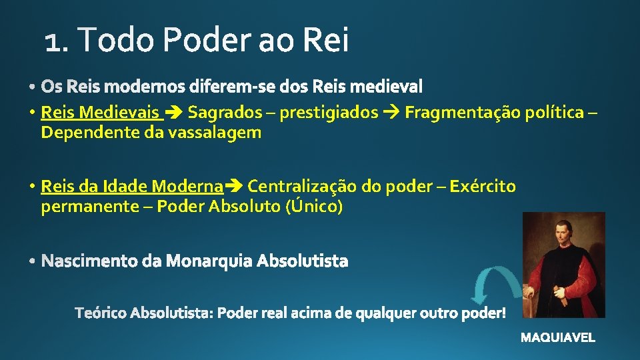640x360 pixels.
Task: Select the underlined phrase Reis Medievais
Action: tap(100, 112)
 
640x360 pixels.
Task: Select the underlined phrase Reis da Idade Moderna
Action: tap(131, 186)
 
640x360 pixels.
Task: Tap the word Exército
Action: tap(483, 186)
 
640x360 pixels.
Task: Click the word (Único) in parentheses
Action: tap(314, 207)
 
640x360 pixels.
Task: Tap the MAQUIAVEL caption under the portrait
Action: tap(558, 338)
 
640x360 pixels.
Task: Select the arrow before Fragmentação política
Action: tap(391, 113)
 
